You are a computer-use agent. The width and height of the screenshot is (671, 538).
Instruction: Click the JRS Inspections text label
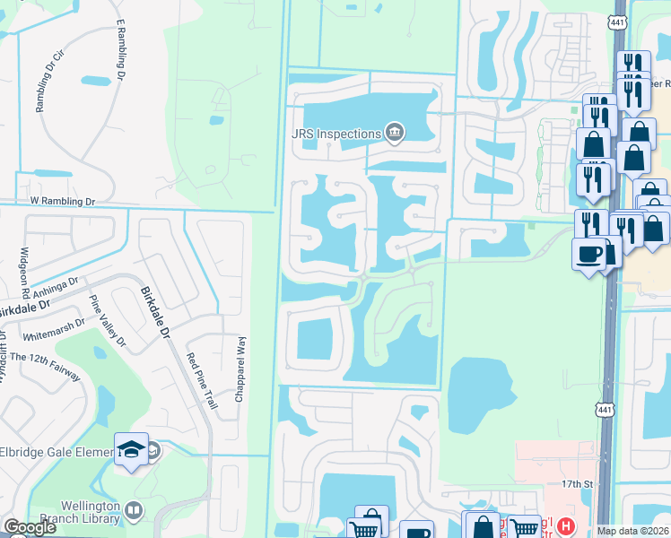coord(336,134)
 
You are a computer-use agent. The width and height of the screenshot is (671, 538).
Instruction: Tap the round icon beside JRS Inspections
coord(394,134)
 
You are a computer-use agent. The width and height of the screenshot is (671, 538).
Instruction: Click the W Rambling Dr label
coord(62,202)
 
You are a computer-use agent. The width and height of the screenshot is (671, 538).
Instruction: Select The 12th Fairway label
coord(41,357)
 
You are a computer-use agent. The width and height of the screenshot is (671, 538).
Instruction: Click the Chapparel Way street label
coord(240,369)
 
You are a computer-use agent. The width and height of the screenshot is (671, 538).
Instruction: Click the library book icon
coord(134,510)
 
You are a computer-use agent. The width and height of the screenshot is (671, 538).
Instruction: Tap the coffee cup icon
coord(588,254)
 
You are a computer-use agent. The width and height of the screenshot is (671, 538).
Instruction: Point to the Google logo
coord(30,527)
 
